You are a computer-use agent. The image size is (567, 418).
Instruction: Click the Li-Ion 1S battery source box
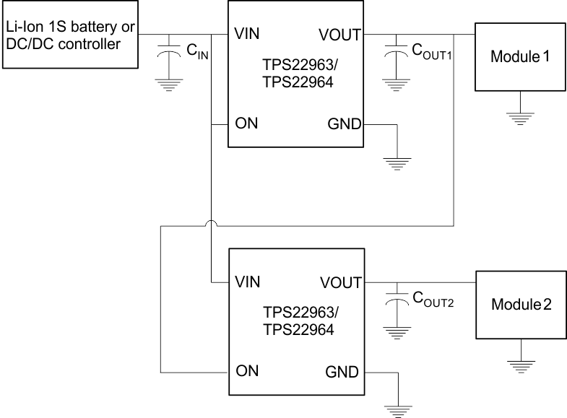point(69,35)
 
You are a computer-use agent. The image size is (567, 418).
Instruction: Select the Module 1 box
point(520,56)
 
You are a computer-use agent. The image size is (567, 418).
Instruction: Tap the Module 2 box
point(521,304)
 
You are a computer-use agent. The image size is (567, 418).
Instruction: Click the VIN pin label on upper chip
point(247,34)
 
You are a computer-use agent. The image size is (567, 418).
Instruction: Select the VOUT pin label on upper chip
point(339,34)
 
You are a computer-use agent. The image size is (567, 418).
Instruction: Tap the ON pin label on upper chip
point(246,123)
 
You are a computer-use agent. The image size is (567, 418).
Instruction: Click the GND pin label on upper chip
point(344,123)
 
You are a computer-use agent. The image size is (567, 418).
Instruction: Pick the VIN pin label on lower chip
point(248,282)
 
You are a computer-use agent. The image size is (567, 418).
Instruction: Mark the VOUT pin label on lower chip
point(340,282)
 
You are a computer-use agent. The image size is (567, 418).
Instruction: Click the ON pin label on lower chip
point(247,373)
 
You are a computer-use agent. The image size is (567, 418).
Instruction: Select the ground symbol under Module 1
point(520,118)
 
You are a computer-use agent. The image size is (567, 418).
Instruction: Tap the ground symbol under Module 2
point(520,365)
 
